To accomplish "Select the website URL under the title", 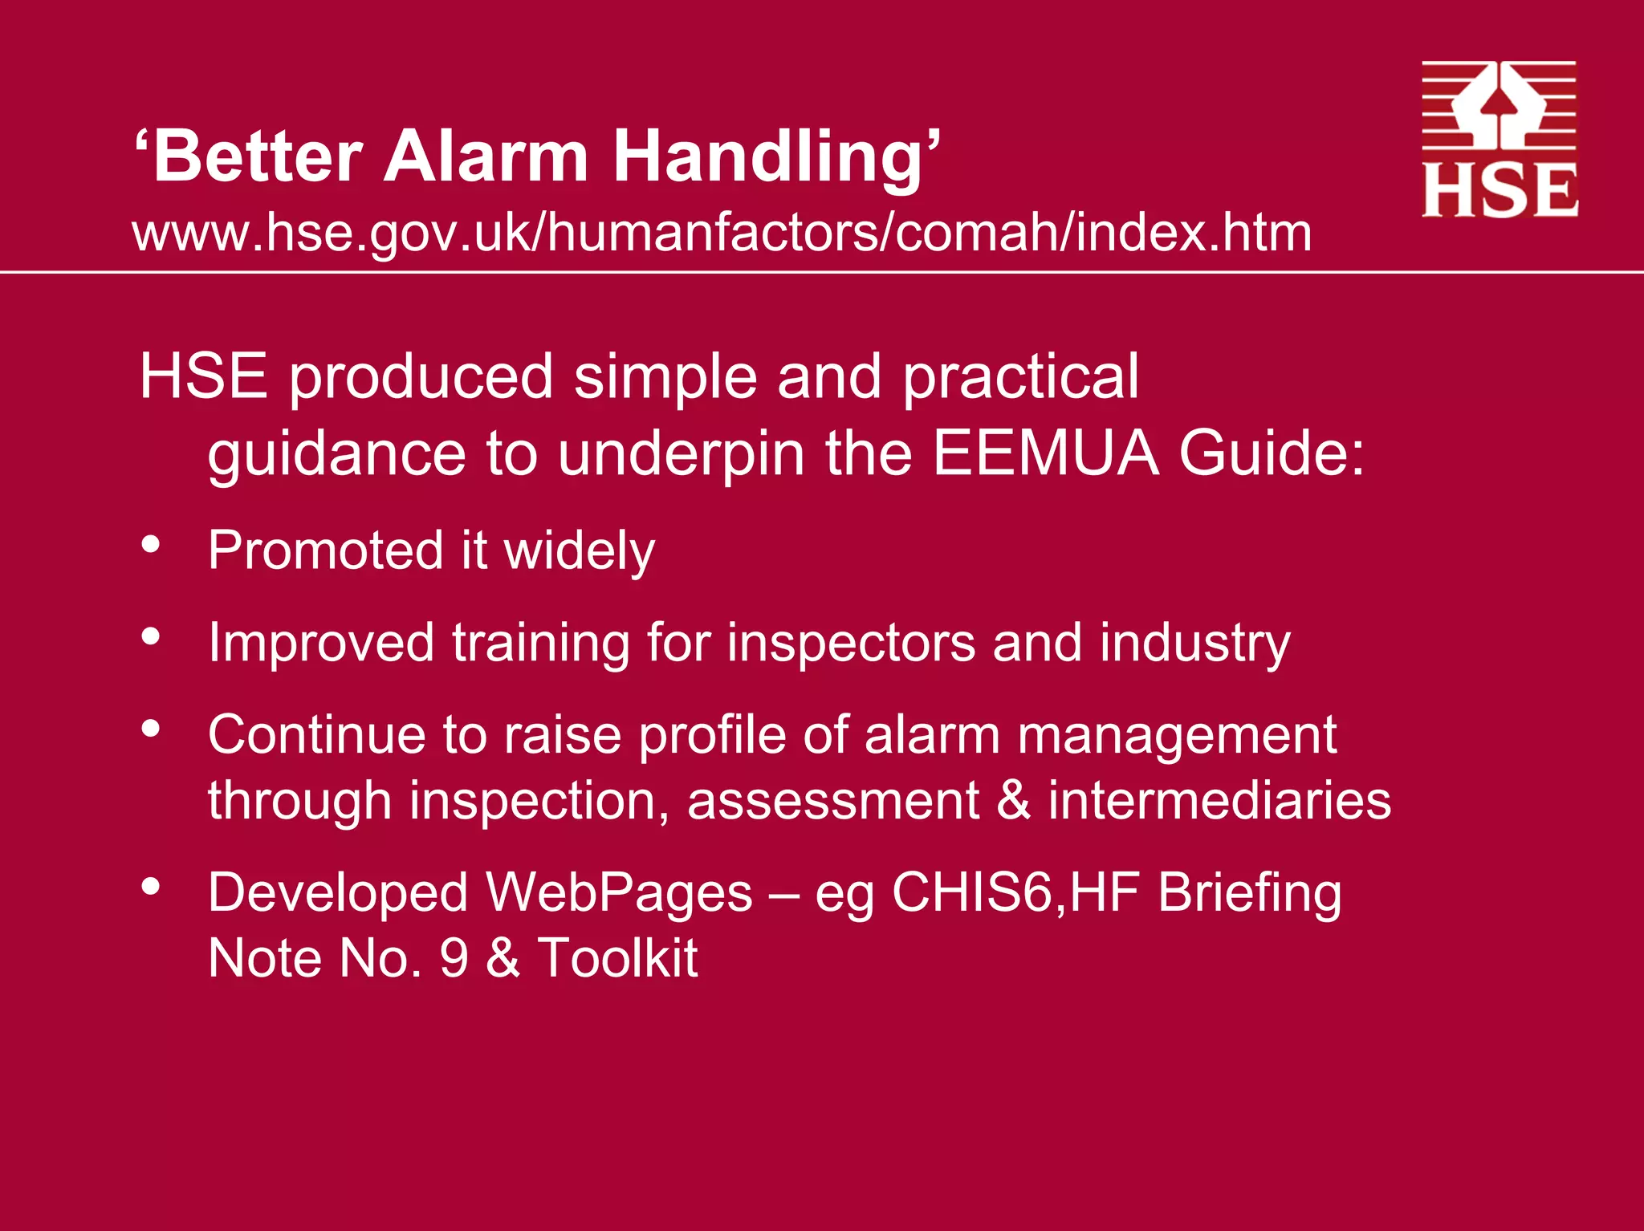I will click(x=722, y=233).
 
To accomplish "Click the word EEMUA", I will click(x=1045, y=453).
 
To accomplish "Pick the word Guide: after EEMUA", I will click(x=1272, y=453).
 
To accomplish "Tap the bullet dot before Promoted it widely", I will click(x=150, y=544).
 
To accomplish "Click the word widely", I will click(x=579, y=551).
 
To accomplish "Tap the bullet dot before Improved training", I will click(x=150, y=636).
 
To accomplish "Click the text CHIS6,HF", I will click(x=1016, y=892).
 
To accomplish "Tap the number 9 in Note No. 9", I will click(x=454, y=957).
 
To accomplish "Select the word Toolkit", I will click(x=617, y=957).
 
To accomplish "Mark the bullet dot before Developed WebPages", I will click(x=150, y=887).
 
